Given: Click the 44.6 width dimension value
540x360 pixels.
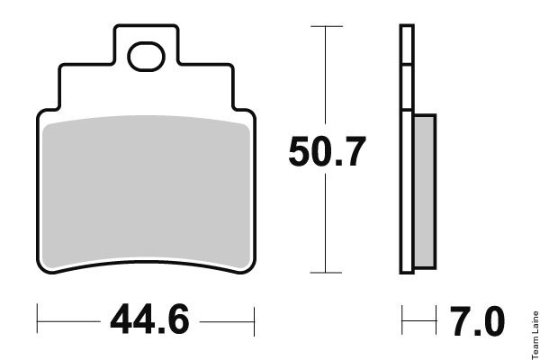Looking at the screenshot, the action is click(149, 319).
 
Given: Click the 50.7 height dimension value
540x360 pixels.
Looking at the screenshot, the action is click(327, 151).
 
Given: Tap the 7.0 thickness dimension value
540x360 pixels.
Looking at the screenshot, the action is click(478, 321).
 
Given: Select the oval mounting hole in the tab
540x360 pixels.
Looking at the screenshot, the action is click(146, 57).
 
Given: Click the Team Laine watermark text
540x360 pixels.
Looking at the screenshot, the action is click(535, 335).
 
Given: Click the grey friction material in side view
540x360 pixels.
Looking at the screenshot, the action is click(425, 192).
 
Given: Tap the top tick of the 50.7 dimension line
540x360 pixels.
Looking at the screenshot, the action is click(327, 26).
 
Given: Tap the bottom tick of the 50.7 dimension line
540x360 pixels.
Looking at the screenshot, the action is click(326, 273).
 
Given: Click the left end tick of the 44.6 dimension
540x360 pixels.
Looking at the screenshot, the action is click(37, 319).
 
